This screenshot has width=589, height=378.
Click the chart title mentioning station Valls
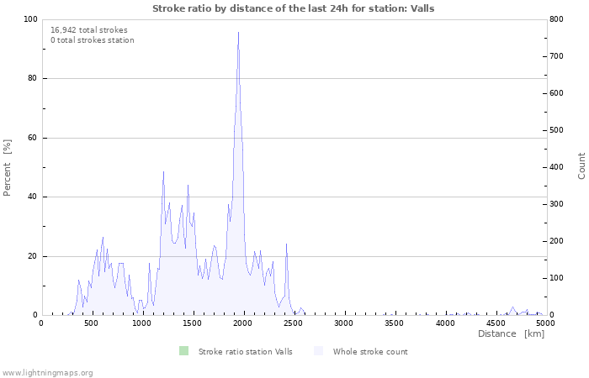pos(294,8)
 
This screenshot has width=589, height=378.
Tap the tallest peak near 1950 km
pos(239,34)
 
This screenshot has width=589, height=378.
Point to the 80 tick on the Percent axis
pos(32,79)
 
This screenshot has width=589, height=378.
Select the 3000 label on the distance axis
pos(343,323)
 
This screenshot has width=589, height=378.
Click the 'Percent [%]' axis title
pos(8,167)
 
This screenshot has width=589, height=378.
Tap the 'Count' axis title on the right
pos(581,165)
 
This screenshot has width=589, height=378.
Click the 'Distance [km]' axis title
pos(511,334)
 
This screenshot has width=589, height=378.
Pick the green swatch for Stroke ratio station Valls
pos(183,351)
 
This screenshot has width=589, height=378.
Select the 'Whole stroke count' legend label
pos(370,351)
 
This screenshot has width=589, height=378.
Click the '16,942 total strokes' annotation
pos(89,30)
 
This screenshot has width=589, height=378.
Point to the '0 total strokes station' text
pos(93,40)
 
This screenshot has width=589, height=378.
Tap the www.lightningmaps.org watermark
pos(47,372)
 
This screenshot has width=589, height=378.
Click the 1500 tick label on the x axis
pos(193,323)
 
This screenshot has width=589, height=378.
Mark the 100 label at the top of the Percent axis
pos(29,19)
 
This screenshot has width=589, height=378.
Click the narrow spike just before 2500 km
pos(287,244)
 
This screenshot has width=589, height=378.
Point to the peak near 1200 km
pos(163,172)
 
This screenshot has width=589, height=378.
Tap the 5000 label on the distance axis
pos(545,323)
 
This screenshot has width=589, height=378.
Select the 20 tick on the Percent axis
pos(32,256)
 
